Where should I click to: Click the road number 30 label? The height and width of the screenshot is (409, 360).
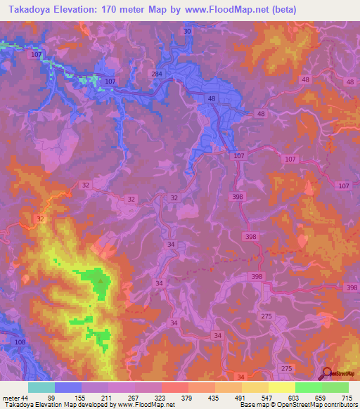tap(187, 32)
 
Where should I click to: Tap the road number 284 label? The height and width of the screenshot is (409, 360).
tap(157, 74)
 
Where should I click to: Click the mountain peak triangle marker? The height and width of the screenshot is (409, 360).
tap(101, 283)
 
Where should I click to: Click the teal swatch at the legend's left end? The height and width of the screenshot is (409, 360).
tap(41, 387)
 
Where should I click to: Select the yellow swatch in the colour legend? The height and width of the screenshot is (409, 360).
tap(281, 387)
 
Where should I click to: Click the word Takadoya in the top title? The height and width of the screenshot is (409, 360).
tap(32, 9)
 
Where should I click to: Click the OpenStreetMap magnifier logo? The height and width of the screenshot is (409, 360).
tap(326, 374)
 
